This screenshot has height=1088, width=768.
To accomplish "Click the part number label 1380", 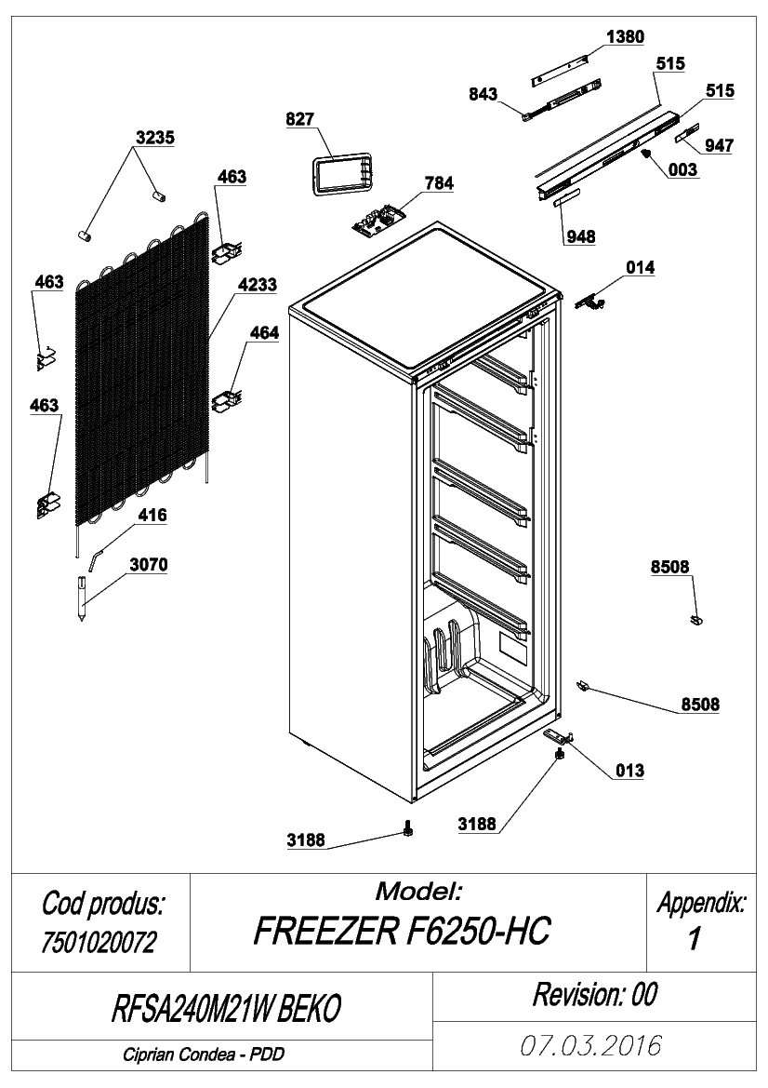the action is point(625,37).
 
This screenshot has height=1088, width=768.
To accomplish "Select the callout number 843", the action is point(483,94).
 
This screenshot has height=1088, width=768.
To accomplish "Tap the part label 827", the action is point(299,118).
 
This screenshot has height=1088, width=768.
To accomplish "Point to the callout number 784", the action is point(439,183).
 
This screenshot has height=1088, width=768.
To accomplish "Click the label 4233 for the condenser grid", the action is point(258,285).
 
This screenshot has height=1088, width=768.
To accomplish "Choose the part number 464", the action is point(264,333).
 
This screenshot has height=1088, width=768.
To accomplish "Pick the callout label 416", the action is point(152,516).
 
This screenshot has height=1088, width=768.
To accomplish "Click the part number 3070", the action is point(149,566).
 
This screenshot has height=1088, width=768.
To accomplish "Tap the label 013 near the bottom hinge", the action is point(629,771).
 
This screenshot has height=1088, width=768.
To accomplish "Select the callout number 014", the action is point(640,268).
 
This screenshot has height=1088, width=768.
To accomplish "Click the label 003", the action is point(682,170).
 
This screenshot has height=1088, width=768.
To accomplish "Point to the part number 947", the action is point(719,145).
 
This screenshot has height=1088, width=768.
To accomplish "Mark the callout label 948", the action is point(580,237).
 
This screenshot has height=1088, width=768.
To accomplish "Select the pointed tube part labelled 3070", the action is point(83,597).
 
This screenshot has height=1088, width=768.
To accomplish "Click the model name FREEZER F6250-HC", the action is point(402,932).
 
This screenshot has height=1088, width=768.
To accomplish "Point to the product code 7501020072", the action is point(99,942).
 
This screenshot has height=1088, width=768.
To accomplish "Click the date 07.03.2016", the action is point(591,1046).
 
